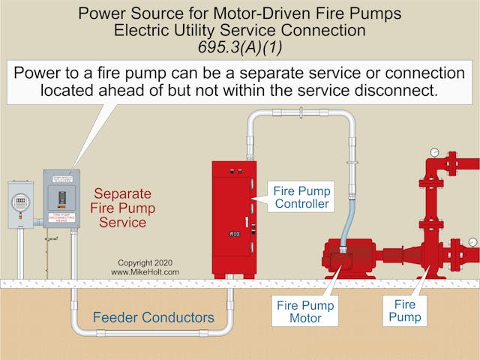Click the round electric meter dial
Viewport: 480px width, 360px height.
point(21,202)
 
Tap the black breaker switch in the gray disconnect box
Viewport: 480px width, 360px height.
point(62,198)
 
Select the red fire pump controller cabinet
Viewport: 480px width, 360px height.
point(234,217)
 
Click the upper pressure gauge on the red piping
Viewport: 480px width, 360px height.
point(433,153)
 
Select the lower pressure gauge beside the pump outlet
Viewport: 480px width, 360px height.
point(472,241)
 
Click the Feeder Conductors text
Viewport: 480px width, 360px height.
point(153,317)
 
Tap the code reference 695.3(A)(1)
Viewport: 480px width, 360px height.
point(239,47)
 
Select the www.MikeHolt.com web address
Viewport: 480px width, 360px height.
point(145,272)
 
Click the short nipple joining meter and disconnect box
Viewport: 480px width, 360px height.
point(37,222)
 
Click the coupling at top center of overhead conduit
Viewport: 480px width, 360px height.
point(300,113)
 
